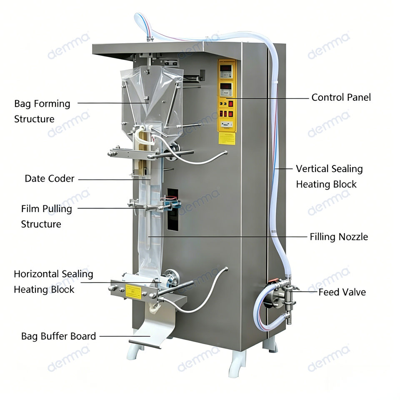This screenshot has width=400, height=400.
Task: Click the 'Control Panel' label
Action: pos(341,97)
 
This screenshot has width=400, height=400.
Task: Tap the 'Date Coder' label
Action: pos(50,179)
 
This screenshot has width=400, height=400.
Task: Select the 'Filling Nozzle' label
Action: pos(339,237)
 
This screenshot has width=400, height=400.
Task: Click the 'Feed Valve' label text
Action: pos(342,292)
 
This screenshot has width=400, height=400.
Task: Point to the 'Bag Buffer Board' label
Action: pos(58,336)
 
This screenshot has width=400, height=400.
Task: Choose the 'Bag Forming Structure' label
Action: pos(42,111)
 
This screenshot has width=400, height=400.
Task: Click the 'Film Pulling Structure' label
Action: pos(46,216)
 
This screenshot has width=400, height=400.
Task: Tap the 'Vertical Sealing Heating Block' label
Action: pos(329,177)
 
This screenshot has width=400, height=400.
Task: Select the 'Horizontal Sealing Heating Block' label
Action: pos(53,282)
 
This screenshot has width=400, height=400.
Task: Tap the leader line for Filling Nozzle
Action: pos(229,237)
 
